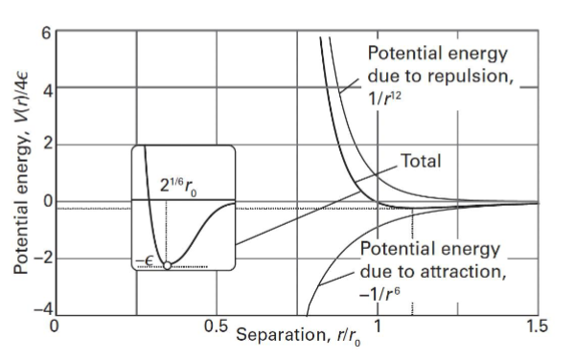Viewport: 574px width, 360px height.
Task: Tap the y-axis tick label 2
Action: [44, 146]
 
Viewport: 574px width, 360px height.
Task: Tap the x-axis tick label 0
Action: [56, 326]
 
